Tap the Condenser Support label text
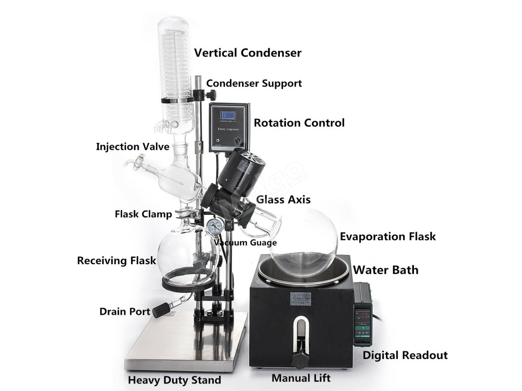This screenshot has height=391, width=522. [254, 83]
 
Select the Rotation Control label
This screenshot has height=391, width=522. [299, 123]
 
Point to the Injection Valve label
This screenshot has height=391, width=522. [133, 147]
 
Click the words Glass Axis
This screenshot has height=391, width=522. [283, 200]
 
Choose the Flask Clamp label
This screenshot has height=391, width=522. [143, 214]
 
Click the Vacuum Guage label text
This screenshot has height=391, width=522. [245, 243]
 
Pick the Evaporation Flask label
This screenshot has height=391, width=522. [388, 236]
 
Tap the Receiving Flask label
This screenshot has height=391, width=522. [116, 261]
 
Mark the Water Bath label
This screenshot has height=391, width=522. [386, 270]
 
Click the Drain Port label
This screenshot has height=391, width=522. [124, 312]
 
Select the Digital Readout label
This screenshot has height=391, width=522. [405, 355]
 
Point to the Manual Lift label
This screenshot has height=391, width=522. [301, 378]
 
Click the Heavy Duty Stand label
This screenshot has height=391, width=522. [174, 380]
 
